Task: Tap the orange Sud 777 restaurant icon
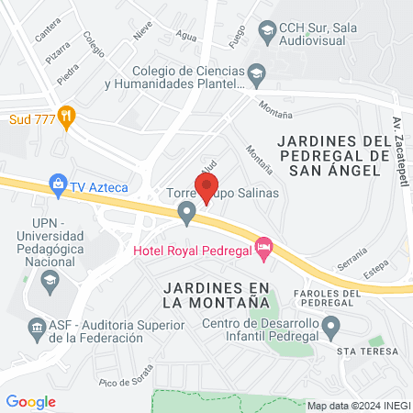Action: tap(66, 117)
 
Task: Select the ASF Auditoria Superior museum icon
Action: tap(36, 326)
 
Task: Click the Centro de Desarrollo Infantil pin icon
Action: tap(331, 326)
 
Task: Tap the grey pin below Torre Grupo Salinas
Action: tap(187, 215)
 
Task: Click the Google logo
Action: tap(31, 401)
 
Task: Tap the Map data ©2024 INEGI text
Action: tap(357, 405)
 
